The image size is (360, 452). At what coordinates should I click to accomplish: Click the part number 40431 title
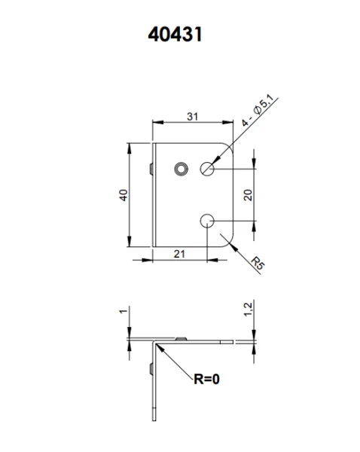(175, 36)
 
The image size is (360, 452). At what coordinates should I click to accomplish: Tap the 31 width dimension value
(193, 117)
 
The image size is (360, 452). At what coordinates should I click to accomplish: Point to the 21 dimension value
(179, 255)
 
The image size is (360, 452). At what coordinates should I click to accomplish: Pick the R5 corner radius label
(258, 263)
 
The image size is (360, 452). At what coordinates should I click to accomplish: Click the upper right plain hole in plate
(208, 169)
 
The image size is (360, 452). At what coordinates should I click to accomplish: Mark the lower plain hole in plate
(208, 220)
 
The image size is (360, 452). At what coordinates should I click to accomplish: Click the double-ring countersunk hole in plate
(180, 168)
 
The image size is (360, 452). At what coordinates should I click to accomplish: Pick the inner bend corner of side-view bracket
(157, 344)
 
